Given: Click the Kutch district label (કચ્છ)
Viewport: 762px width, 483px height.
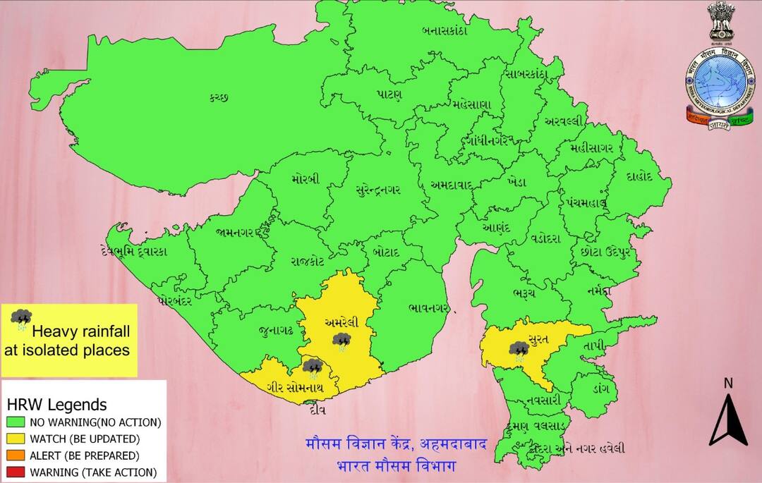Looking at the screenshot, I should click(x=219, y=97).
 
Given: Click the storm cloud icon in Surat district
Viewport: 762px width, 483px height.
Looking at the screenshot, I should click(x=520, y=350).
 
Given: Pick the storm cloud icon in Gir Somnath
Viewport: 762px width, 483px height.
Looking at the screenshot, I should click(x=312, y=367).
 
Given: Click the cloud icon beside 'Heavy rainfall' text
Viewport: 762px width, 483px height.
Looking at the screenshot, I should click(x=21, y=320).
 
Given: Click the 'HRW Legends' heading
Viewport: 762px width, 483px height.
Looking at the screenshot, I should click(x=56, y=405).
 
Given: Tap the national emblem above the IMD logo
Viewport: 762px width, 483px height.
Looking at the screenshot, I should click(x=720, y=21).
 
